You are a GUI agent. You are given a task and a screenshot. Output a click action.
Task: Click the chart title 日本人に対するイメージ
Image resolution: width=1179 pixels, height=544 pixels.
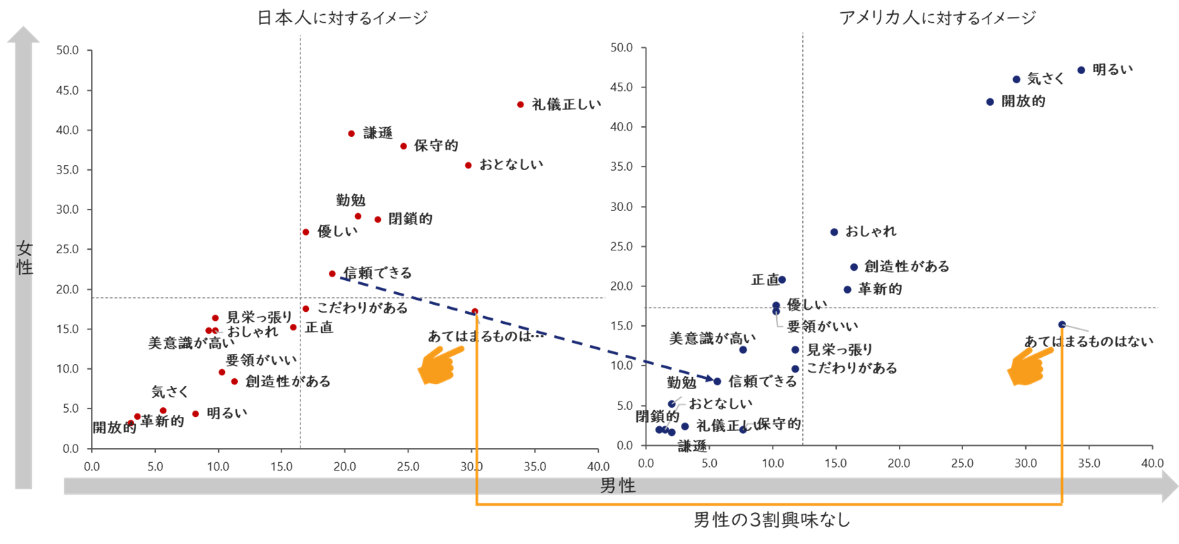[342, 18]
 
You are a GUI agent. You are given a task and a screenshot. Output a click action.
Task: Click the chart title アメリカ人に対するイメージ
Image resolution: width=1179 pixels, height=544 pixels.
[937, 18]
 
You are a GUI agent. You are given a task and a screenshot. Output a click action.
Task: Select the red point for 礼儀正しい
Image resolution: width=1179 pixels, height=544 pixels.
[521, 104]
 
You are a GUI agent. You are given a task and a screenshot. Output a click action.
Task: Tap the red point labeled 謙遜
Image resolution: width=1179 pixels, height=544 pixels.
[351, 133]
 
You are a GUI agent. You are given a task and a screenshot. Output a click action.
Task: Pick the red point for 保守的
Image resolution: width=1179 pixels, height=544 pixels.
[404, 146]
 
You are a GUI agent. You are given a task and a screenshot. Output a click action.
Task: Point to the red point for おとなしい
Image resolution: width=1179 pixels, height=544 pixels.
[468, 166]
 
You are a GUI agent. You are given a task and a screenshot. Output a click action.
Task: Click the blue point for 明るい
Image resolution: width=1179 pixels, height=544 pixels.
[1081, 70]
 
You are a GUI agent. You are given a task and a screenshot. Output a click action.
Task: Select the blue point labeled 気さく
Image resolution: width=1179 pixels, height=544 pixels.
[1017, 80]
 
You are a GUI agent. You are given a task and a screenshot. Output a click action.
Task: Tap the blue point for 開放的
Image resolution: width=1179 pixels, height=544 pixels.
[990, 102]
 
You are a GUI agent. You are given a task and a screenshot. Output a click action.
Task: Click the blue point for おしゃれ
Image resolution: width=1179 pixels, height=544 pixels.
[834, 232]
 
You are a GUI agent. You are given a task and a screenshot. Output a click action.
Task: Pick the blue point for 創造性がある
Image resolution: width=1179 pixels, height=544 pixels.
[854, 267]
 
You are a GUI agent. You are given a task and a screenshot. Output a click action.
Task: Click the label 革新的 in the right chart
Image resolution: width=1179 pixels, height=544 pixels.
[880, 289]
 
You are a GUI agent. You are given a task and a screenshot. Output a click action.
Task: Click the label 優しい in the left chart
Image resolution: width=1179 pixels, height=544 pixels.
[337, 231]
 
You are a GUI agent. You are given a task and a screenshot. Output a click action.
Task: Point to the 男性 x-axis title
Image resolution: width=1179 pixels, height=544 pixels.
[618, 485]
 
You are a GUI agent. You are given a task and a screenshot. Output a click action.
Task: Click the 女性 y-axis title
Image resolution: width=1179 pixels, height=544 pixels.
[25, 258]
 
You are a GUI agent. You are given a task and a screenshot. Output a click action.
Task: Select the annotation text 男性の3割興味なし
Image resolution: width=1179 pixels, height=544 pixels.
[772, 521]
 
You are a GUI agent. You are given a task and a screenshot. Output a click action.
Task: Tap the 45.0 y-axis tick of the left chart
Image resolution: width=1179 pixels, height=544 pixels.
[68, 90]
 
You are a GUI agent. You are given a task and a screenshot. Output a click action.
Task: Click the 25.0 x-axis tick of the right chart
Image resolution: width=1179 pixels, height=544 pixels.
[962, 464]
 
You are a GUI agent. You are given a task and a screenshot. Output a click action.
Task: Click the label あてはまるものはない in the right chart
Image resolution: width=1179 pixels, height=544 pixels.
[1089, 341]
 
